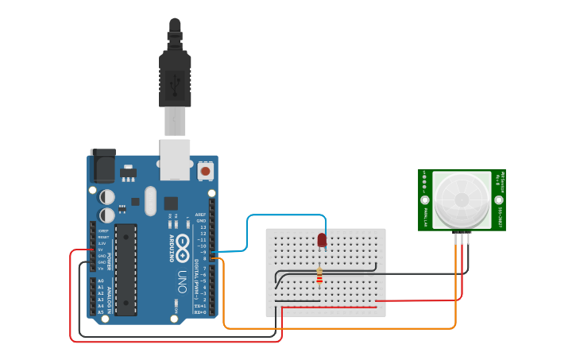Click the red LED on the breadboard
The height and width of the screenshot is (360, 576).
click(x=322, y=239)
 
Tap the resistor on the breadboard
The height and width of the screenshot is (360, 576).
click(x=319, y=276)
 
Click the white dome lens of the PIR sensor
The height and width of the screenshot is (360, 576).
click(x=461, y=199)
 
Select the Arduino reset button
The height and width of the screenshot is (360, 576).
click(x=206, y=170)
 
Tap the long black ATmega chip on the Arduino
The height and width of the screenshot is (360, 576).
click(x=126, y=268)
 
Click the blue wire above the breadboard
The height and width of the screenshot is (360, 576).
click(x=286, y=215)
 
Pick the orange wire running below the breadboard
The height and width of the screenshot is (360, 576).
click(x=342, y=327)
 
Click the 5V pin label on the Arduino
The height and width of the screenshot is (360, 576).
click(x=101, y=250)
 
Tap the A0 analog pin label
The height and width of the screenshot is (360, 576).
click(x=100, y=281)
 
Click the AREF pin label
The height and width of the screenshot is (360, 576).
click(x=200, y=214)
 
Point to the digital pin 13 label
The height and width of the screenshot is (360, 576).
click(x=202, y=226)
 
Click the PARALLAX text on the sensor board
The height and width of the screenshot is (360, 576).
click(x=427, y=214)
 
